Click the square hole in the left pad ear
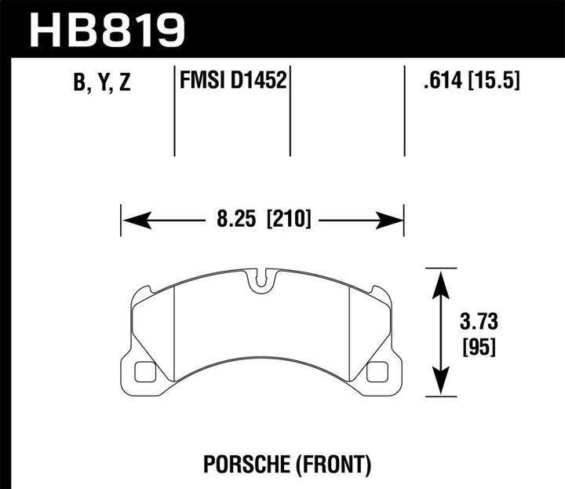point(144,370)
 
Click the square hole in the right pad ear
point(378,370)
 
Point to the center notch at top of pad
point(261,279)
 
